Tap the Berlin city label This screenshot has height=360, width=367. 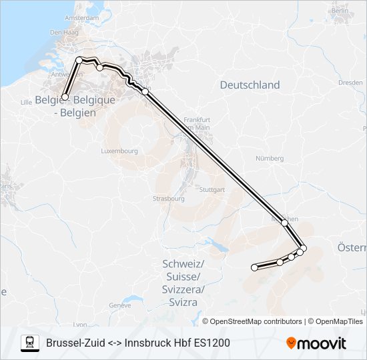click(x=340, y=11)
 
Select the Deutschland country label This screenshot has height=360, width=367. click(x=250, y=85)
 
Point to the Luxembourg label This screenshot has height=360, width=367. click(x=119, y=151)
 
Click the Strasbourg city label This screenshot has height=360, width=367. click(x=168, y=199)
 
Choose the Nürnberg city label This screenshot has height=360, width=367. click(x=270, y=159)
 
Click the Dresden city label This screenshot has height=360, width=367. click(x=350, y=83)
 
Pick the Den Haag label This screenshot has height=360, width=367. click(x=61, y=32)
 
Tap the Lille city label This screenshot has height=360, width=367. click(x=27, y=102)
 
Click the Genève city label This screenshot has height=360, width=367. click(x=119, y=305)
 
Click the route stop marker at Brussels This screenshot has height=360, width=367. click(x=65, y=97)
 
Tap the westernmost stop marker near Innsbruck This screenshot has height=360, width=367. click(x=254, y=267)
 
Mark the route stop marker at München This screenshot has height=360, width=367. click(x=284, y=222)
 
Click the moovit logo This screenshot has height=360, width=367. click(x=316, y=343)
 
